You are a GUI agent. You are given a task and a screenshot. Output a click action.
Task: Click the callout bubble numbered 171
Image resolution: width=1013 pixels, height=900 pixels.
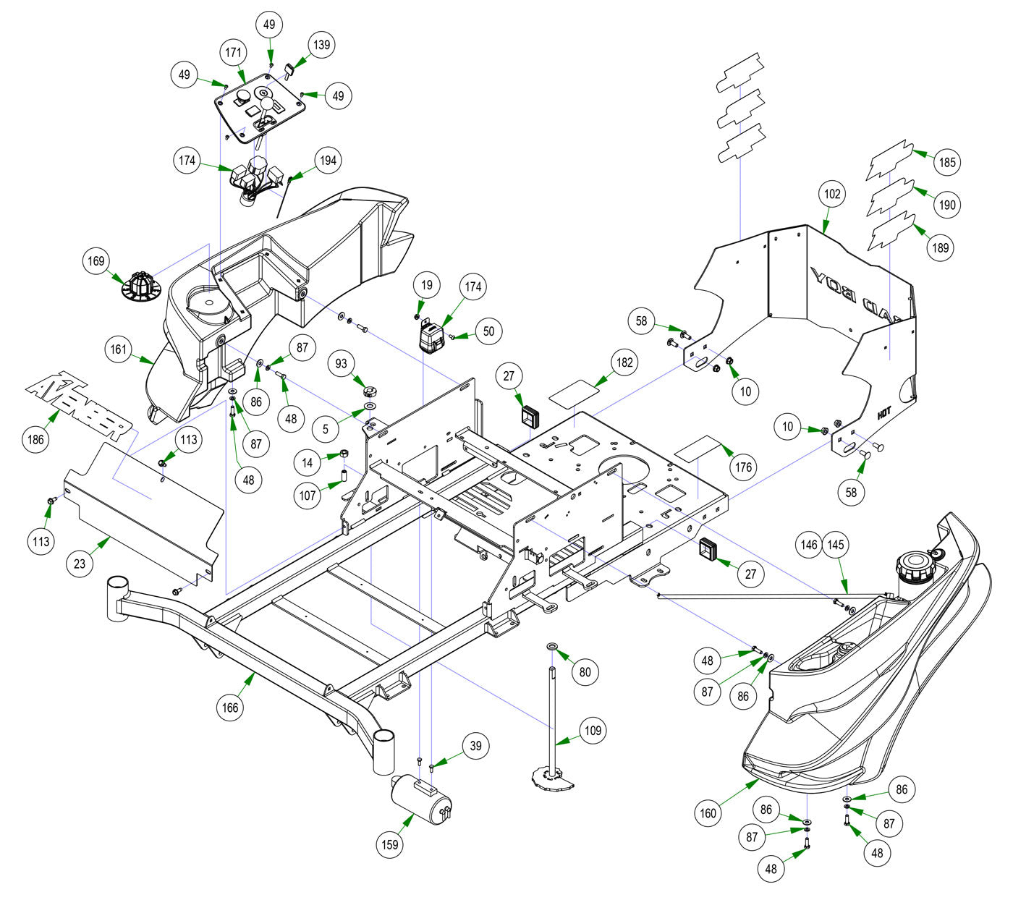pos(234,53)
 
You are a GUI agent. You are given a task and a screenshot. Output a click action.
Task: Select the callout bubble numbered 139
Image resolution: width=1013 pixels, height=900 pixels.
pos(321,45)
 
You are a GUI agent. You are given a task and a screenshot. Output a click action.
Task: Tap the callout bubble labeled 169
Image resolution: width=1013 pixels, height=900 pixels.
pos(96,261)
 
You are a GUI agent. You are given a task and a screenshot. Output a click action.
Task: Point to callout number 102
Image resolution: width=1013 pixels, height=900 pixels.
pos(833,194)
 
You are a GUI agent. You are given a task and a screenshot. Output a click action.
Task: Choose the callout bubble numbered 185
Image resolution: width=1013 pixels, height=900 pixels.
pos(946,163)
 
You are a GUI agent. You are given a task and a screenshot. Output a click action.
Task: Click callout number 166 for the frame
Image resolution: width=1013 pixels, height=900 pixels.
pos(229,708)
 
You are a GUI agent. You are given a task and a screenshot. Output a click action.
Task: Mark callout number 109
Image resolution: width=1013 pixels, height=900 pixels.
pos(593,731)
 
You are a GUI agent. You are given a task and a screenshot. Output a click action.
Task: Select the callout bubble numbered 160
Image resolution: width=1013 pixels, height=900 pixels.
pos(708,813)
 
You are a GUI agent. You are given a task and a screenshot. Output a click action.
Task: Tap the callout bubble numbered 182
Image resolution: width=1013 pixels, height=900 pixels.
pos(626,362)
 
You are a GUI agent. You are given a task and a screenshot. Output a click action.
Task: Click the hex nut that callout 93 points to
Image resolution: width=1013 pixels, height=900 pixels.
pos(370,392)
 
